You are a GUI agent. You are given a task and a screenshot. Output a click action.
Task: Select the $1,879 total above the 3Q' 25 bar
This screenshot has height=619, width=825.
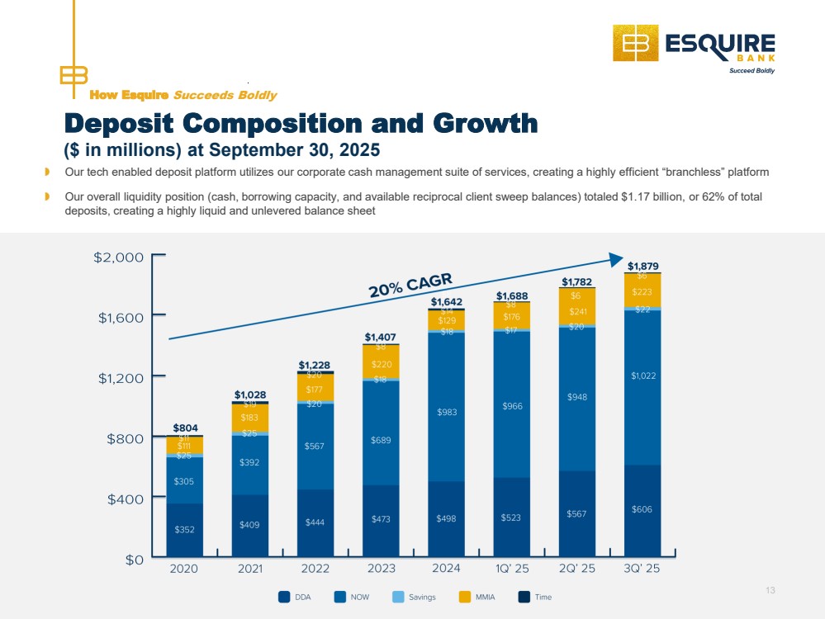(x=642, y=266)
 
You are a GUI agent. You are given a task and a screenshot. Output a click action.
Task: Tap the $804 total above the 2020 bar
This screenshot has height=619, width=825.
(x=185, y=428)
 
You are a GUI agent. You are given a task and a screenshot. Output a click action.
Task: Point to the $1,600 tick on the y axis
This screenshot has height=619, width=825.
(x=121, y=317)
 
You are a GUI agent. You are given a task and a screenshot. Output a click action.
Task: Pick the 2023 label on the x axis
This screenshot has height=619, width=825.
(x=381, y=569)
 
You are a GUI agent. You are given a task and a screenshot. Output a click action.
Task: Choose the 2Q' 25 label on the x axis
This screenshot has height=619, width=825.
(x=576, y=569)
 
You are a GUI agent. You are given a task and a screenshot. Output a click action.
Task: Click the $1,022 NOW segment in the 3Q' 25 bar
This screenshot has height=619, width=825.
(x=642, y=376)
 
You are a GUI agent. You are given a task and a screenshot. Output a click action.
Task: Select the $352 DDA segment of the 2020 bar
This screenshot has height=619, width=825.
(x=185, y=529)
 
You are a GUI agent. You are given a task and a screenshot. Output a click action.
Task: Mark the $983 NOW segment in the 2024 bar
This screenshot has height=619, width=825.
(x=446, y=411)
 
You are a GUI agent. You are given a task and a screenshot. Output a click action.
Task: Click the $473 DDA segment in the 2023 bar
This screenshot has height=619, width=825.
(x=381, y=519)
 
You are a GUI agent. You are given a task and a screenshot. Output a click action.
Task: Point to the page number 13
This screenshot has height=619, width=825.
(x=770, y=589)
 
